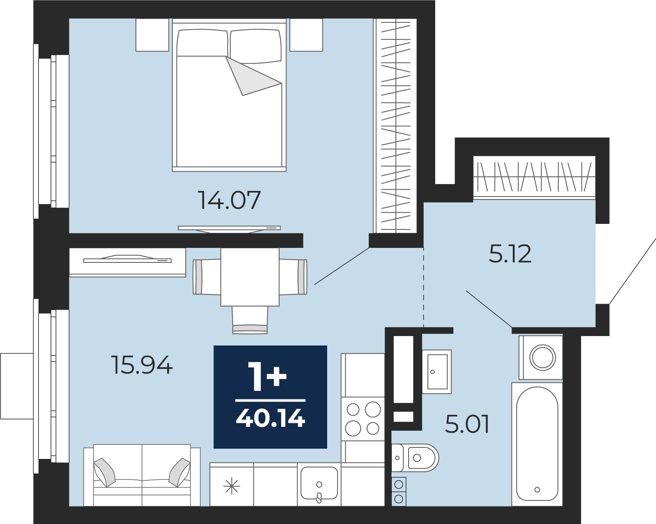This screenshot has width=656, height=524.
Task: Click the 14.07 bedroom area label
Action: (x=229, y=200)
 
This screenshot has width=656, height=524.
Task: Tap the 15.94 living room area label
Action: (x=142, y=365)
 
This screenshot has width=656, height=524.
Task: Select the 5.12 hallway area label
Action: (x=510, y=253)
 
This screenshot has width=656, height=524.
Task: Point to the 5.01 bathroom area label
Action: (x=467, y=424)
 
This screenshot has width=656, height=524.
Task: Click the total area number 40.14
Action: (x=271, y=418)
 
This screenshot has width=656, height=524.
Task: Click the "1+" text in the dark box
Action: (x=268, y=377)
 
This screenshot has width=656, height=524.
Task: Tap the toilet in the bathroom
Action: (x=415, y=458)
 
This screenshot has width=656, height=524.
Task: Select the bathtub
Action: (x=537, y=444)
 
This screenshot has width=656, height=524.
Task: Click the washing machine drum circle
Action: (x=543, y=357)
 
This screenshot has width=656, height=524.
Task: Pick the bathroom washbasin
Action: (x=437, y=372)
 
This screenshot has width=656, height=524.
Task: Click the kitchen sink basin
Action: (x=319, y=483)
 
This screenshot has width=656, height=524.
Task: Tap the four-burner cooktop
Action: (x=363, y=419)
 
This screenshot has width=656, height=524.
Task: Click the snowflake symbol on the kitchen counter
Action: (x=232, y=486)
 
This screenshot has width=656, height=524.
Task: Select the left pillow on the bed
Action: (x=202, y=43)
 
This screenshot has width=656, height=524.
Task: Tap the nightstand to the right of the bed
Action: (x=306, y=35)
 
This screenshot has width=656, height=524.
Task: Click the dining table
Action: (x=250, y=277)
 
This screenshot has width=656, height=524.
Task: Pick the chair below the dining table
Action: (x=250, y=320)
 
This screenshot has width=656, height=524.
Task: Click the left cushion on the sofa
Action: (x=105, y=472)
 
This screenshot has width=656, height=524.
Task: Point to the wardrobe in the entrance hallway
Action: (x=534, y=177)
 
